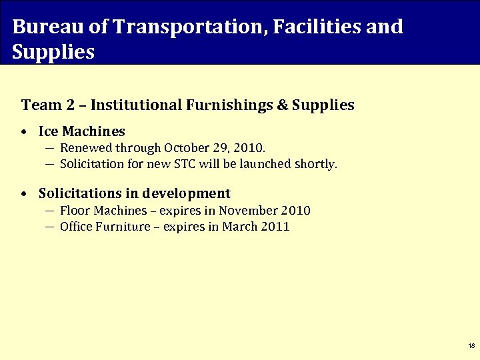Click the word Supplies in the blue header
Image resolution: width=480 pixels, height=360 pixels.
[x=53, y=51]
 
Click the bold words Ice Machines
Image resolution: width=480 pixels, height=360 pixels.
[x=82, y=132]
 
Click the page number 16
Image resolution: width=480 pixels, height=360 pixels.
[x=471, y=346]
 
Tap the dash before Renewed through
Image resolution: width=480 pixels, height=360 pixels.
[x=50, y=148]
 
